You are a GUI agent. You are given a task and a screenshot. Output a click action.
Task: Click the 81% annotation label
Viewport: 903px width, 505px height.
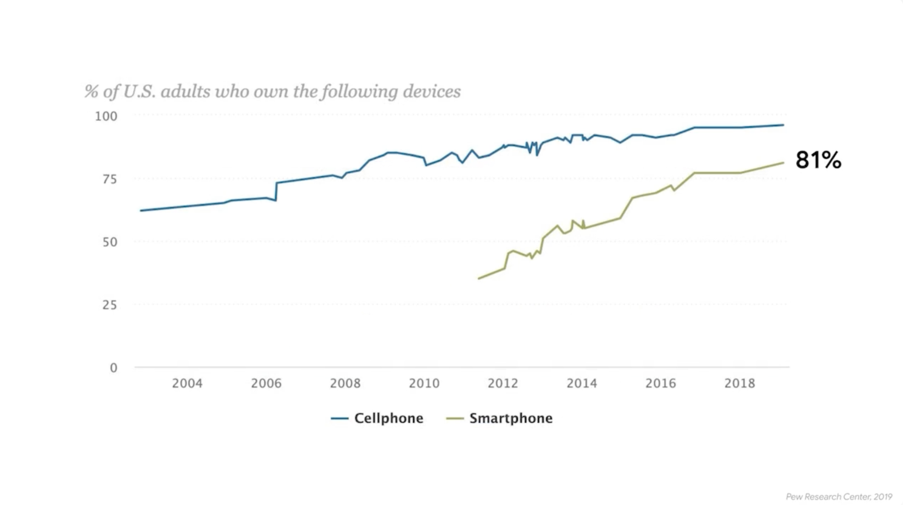click(x=818, y=160)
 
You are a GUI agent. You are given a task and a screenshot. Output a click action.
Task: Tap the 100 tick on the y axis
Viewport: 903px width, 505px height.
click(x=106, y=116)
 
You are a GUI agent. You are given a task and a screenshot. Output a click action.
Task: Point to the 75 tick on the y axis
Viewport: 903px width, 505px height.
click(x=109, y=179)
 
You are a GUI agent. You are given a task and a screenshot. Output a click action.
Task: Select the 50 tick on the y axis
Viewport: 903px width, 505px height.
click(x=110, y=242)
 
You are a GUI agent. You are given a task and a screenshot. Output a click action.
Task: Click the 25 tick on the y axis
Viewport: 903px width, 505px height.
click(x=109, y=305)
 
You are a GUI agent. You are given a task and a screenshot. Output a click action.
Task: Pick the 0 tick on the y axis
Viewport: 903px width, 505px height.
click(x=113, y=368)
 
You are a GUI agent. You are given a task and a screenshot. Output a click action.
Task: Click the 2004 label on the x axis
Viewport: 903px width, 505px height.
click(x=187, y=383)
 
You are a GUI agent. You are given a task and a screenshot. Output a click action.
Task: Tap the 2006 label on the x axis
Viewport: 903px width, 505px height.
click(x=266, y=383)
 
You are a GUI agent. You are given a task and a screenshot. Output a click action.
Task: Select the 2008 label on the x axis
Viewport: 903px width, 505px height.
click(x=345, y=383)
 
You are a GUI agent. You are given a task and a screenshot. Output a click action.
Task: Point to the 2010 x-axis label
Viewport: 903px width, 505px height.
click(x=424, y=383)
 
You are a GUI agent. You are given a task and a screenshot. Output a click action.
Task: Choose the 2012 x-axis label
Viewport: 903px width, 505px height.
click(x=503, y=383)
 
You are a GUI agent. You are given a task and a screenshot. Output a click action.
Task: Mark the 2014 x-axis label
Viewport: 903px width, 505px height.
click(x=582, y=383)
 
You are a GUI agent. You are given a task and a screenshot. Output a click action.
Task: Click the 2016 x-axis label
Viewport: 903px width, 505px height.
click(x=661, y=383)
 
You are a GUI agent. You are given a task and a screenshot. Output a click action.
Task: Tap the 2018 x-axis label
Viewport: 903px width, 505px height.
click(x=739, y=383)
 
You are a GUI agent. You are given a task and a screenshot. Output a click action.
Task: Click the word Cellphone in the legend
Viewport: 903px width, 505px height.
click(x=389, y=418)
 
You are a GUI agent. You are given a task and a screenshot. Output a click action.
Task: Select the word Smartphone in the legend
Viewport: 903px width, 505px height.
click(x=511, y=418)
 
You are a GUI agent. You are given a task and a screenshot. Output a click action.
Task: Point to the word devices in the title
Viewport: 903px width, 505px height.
click(x=432, y=91)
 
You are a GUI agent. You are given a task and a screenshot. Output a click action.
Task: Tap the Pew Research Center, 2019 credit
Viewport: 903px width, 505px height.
click(x=839, y=497)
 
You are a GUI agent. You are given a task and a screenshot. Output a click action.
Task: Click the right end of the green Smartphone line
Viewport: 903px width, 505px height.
click(x=783, y=163)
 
